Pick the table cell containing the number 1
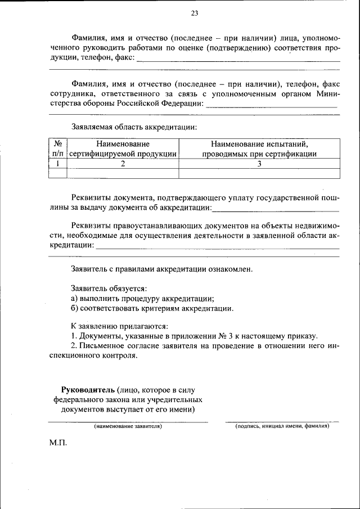tap(57, 164)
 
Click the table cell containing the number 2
tap(123, 164)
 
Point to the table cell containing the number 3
tap(259, 164)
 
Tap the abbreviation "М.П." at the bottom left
tap(58, 443)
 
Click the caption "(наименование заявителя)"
tap(128, 426)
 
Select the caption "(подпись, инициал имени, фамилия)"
tap(282, 426)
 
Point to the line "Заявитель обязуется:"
tap(109, 288)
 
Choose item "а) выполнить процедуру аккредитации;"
tap(142, 298)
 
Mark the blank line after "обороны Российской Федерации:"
tap(271, 105)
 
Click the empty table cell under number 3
tap(259, 173)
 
